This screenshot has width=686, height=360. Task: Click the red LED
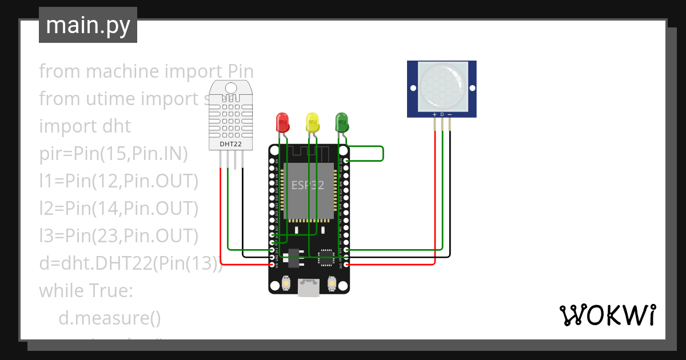282,122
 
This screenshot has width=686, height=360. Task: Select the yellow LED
312,122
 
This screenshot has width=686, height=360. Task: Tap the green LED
342,122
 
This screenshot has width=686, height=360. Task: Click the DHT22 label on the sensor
230,145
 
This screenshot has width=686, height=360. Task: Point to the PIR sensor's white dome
441,86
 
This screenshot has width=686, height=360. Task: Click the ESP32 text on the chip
308,186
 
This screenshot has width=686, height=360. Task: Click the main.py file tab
88,25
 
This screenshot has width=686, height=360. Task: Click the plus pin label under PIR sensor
434,115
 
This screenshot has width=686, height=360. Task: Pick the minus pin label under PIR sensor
449,115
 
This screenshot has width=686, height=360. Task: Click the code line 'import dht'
85,126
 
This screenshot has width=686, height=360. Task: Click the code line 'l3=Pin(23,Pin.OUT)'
118,235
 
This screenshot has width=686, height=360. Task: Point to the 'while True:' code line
86,291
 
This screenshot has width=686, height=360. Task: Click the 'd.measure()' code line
110,318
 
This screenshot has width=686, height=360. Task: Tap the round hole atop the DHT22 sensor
230,87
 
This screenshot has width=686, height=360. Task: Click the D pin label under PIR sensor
442,115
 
